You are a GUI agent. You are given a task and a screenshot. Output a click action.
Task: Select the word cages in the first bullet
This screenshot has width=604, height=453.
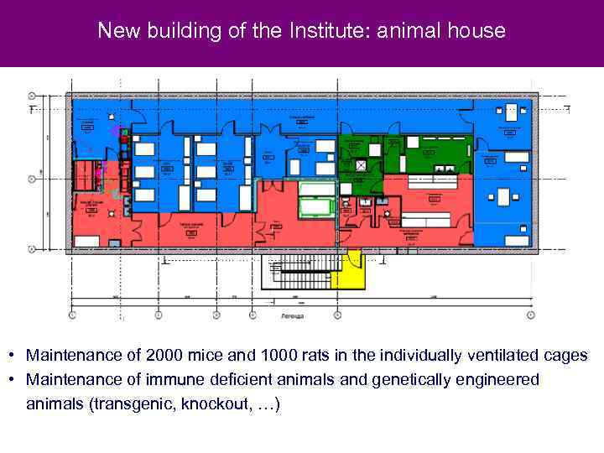[564, 355]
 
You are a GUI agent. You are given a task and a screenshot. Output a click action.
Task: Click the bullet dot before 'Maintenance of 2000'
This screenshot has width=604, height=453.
[13, 355]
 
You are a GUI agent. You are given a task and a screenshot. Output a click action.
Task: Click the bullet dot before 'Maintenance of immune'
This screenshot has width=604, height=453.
[13, 380]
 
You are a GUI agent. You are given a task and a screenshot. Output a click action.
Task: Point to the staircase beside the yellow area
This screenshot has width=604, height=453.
[298, 271]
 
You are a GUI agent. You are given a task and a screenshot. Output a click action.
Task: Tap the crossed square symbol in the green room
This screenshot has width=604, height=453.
[361, 165]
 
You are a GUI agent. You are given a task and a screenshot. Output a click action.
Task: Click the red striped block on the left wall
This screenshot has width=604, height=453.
[86, 176]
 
